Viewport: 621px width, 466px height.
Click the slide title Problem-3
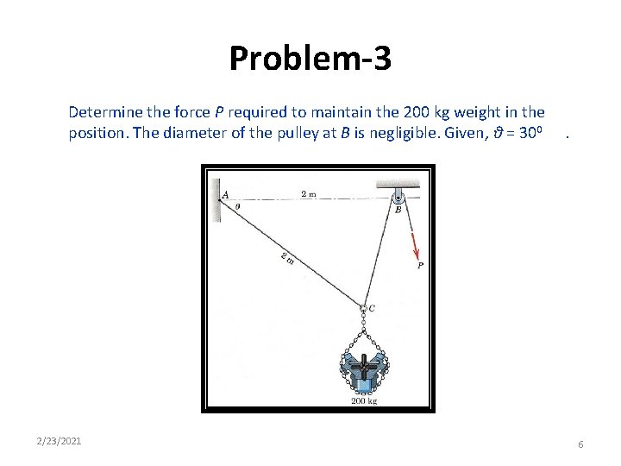click(310, 59)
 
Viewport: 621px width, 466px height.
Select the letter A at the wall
click(226, 195)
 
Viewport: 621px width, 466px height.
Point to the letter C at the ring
click(372, 308)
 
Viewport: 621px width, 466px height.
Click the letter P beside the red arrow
click(420, 267)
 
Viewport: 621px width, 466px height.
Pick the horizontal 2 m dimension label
click(309, 194)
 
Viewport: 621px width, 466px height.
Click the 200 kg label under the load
click(363, 400)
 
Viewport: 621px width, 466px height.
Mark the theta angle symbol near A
click(237, 206)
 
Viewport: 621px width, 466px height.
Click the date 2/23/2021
click(60, 441)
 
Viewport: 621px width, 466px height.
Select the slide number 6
click(580, 444)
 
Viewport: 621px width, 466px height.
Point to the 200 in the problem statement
click(431, 112)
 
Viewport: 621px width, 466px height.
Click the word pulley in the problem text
click(261, 135)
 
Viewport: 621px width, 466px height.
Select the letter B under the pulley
click(398, 209)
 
